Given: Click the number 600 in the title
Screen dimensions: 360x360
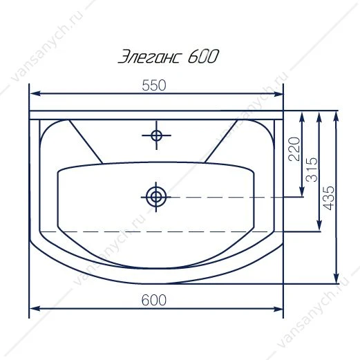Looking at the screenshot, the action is (x=203, y=57).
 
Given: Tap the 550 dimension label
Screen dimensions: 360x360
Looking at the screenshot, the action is (x=154, y=85).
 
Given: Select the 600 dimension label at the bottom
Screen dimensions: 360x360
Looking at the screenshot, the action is (x=153, y=300).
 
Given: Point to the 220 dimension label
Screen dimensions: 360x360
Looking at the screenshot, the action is (x=294, y=149).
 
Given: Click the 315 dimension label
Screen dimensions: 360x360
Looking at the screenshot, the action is (x=312, y=170).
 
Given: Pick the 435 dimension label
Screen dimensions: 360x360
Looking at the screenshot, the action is (x=328, y=198).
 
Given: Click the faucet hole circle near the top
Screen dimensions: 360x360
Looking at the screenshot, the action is (x=156, y=135).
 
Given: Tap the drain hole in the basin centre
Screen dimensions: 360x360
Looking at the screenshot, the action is (x=156, y=197).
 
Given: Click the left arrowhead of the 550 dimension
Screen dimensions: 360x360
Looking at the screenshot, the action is (x=35, y=93).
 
